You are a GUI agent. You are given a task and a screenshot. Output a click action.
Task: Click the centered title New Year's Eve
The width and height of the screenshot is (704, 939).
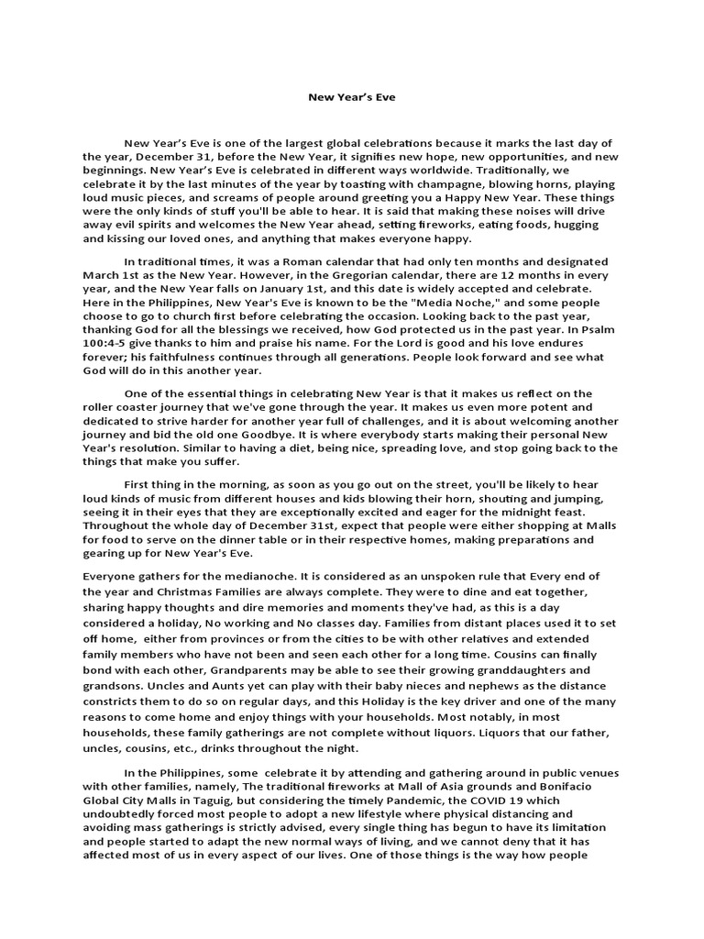[352, 95]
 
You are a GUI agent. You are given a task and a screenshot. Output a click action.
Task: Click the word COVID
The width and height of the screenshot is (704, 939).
[535, 799]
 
